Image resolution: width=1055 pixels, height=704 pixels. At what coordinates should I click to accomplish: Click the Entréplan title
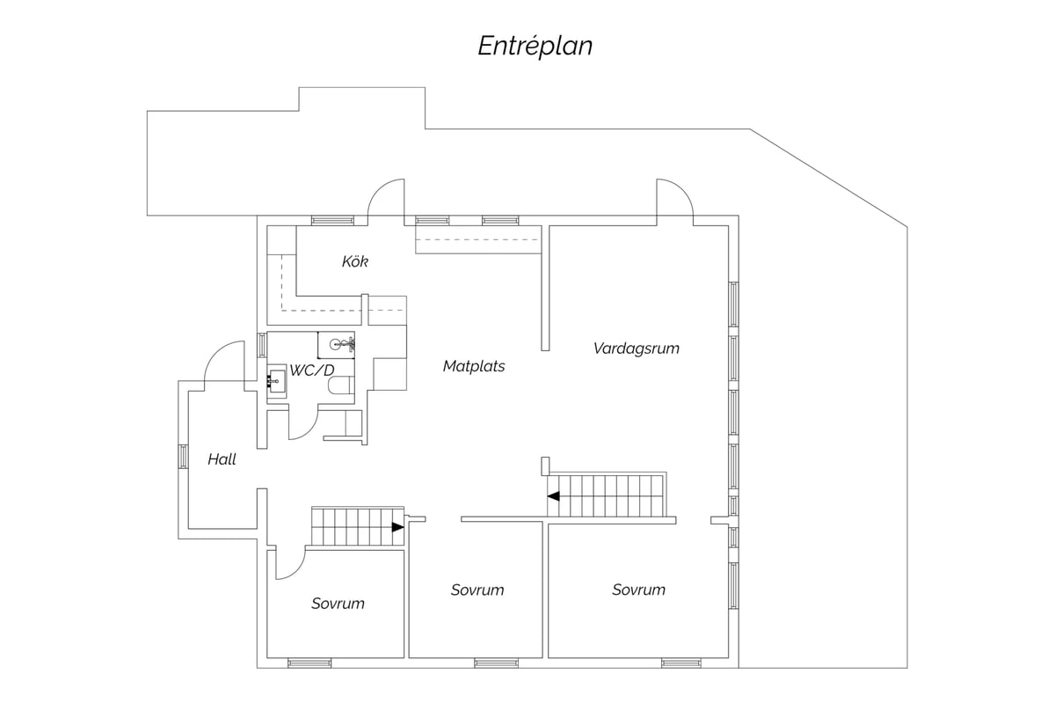535,47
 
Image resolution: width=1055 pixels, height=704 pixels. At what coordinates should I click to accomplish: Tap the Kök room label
354,261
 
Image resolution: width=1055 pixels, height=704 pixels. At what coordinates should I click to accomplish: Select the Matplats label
474,366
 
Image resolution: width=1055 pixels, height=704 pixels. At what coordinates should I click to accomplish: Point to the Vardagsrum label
637,348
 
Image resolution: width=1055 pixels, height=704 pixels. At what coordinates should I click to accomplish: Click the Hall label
222,459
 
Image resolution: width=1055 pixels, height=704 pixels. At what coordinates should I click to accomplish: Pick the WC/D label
311,370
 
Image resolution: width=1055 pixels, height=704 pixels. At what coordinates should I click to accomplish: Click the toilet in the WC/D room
340,385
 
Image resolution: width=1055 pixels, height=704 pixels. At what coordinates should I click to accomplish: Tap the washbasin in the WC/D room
277,381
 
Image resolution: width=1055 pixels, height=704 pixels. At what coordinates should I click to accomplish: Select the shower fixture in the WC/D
341,344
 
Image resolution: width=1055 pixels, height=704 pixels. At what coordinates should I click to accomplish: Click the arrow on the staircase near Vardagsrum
553,496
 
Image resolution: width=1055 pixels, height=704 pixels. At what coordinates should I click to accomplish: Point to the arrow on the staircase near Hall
398,527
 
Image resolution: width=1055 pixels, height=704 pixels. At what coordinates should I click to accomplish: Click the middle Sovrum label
477,590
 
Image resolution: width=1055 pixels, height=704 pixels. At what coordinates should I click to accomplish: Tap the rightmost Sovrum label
638,590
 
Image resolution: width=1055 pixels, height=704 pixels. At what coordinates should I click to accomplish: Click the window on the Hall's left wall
183,457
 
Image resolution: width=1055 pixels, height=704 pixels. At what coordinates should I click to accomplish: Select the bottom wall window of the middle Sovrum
496,664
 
